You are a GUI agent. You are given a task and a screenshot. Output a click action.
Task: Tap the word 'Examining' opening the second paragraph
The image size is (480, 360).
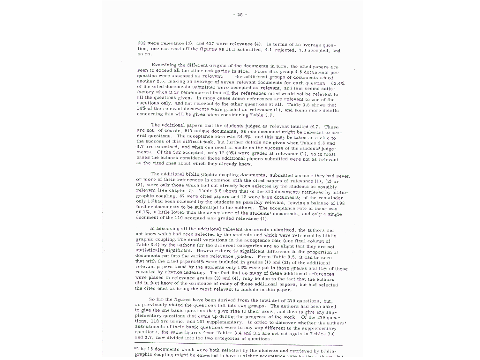[165, 65]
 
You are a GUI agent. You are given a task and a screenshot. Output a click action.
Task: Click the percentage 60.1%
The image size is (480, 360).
[143, 213]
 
